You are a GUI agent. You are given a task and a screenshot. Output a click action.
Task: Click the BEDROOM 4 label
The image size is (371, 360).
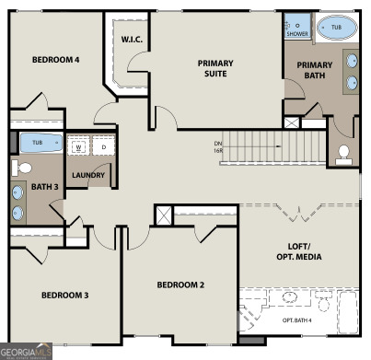click(x=55, y=60)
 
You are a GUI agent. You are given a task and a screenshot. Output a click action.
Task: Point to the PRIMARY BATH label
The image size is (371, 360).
click(x=314, y=70)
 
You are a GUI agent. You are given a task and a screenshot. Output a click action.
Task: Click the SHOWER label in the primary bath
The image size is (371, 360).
click(x=296, y=33)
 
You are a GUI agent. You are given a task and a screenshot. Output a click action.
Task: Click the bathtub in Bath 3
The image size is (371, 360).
click(x=38, y=143)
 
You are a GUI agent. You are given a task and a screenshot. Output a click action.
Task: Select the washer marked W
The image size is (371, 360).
click(x=78, y=146)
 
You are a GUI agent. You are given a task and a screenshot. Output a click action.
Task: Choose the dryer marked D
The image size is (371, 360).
click(x=103, y=146)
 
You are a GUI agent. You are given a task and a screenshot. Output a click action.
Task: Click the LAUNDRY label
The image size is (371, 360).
click(x=88, y=175)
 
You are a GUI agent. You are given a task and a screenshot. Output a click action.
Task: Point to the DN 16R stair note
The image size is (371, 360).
click(x=217, y=147)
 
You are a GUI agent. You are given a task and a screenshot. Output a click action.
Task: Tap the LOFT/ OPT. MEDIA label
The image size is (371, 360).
click(x=298, y=251)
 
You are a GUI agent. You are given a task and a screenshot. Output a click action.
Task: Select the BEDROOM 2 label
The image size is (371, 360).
click(x=180, y=285)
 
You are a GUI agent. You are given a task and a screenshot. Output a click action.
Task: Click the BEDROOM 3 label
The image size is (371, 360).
click(x=64, y=296)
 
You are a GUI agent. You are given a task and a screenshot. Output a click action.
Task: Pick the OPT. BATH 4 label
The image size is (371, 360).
click(x=296, y=319)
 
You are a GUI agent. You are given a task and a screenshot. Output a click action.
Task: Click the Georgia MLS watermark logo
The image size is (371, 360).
click(x=26, y=351)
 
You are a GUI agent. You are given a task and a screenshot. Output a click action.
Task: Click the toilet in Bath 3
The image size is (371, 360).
click(x=25, y=168)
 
